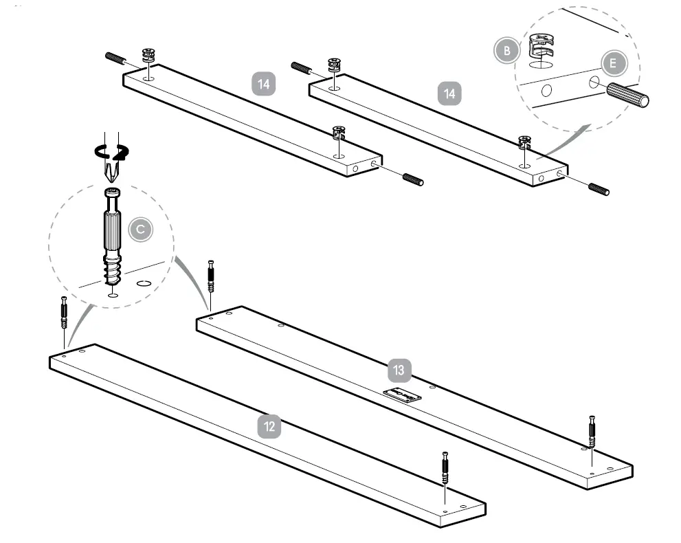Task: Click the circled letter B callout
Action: (x=506, y=50)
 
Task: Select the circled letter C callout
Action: (x=140, y=229)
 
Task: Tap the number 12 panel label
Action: (x=269, y=426)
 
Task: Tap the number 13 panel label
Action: (x=399, y=370)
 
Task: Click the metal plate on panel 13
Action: (x=403, y=397)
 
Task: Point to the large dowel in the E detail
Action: (x=627, y=96)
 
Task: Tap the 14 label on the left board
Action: (x=263, y=84)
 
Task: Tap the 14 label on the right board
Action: (x=449, y=93)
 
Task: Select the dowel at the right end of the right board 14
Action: (x=598, y=189)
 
